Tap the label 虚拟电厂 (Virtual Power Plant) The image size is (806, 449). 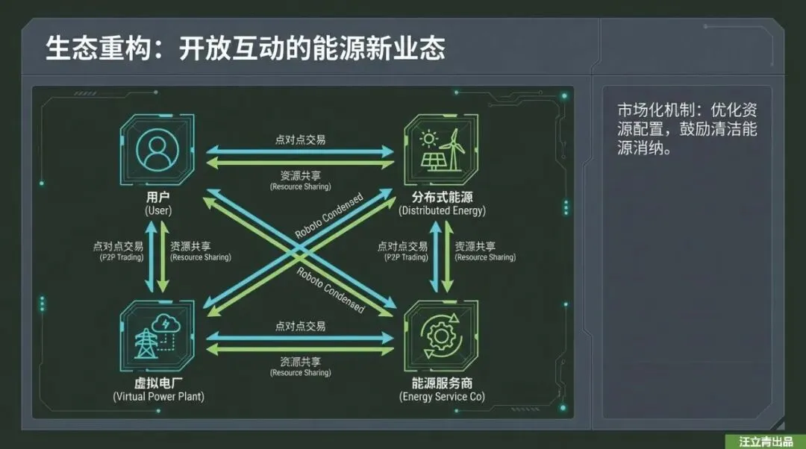coord(158,390)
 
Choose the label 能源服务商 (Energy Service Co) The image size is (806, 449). coord(442,390)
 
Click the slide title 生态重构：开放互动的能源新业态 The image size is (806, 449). coord(246,48)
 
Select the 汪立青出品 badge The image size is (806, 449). coord(760,442)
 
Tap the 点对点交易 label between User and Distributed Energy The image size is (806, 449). coord(300,139)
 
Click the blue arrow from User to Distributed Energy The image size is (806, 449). coord(300,151)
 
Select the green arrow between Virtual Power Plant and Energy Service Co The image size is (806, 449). coord(300,349)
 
